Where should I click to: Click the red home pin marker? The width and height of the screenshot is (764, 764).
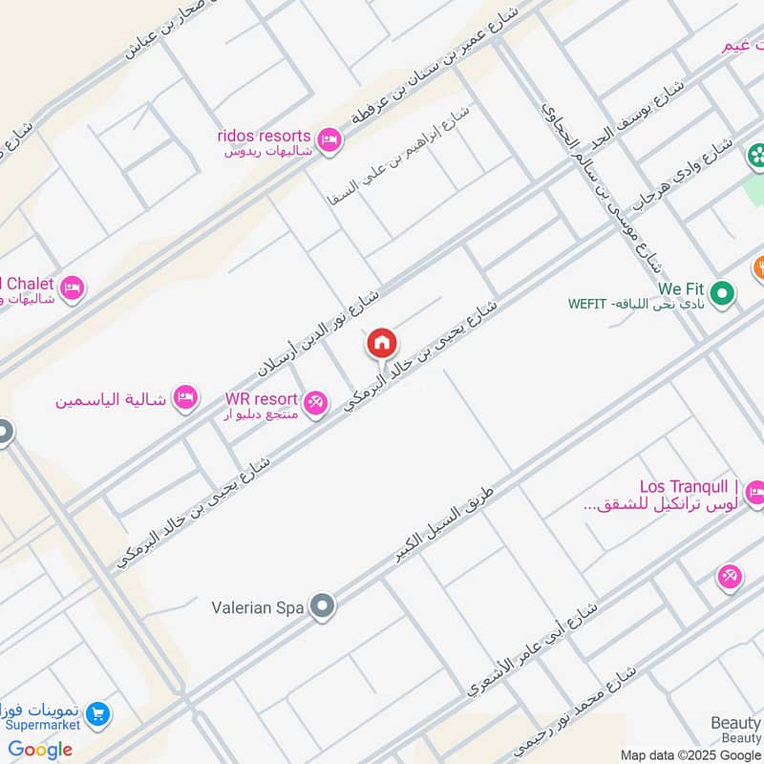[382, 344]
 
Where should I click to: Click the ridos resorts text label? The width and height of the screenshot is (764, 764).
[264, 136]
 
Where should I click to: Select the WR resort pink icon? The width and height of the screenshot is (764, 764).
[315, 404]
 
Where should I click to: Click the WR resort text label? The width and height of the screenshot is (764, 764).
[262, 398]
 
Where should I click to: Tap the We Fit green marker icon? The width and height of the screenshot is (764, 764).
[723, 294]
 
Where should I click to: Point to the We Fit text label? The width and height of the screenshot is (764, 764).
[681, 287]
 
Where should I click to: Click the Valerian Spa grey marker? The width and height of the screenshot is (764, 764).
[324, 605]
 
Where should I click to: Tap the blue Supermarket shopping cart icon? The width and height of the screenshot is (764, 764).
[96, 713]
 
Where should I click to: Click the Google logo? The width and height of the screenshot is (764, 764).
[40, 750]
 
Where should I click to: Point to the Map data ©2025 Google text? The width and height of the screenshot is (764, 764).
[690, 754]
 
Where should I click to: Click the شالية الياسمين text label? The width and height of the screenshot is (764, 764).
[111, 398]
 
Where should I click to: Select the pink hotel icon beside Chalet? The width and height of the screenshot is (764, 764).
[72, 286]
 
